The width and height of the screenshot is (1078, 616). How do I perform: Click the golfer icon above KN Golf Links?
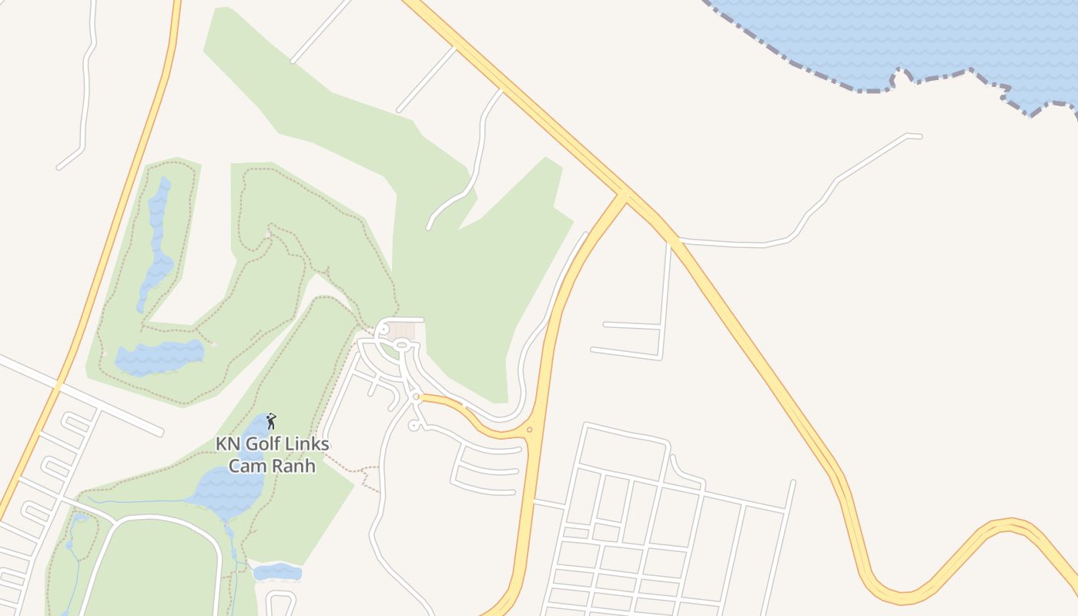(x=271, y=420)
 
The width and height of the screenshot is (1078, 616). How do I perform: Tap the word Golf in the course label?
(x=266, y=444)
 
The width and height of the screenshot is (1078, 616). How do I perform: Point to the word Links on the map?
(x=310, y=444)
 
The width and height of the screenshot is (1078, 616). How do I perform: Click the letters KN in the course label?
(x=226, y=444)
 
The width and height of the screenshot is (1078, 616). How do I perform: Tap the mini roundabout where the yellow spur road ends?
(x=415, y=397)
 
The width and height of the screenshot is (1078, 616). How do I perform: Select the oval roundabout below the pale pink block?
(x=401, y=343)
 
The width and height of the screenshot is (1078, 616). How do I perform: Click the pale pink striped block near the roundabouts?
(x=401, y=330)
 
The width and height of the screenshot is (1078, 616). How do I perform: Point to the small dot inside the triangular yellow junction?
(x=529, y=430)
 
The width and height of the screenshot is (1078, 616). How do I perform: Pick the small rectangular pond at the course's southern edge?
(x=277, y=572)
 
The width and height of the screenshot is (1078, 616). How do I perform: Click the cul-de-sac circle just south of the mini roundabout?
(x=413, y=425)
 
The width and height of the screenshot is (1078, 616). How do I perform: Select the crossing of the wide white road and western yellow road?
(x=59, y=384)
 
